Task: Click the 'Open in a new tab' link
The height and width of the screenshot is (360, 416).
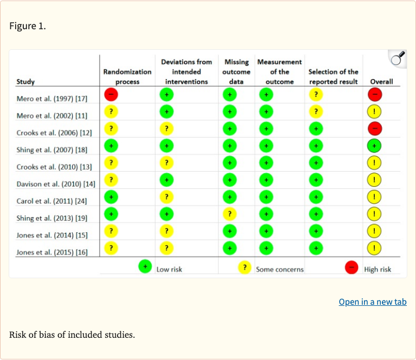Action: click(x=372, y=302)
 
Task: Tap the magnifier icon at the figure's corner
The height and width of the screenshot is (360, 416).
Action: click(x=398, y=59)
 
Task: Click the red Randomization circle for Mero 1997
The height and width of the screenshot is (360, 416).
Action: click(x=110, y=94)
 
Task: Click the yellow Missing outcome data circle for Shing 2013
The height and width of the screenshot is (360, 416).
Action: click(x=230, y=214)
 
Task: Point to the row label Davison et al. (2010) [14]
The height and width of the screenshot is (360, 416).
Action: click(x=56, y=184)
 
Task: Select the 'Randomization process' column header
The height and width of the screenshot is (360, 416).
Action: click(x=127, y=76)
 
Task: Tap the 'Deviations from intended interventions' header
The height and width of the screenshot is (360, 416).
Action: click(x=186, y=71)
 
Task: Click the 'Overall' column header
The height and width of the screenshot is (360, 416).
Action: click(x=381, y=82)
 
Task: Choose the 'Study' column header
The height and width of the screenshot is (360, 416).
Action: click(x=25, y=82)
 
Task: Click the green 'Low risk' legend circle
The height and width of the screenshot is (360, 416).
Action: click(x=145, y=266)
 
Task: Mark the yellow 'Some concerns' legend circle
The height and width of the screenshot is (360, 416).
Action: click(x=245, y=267)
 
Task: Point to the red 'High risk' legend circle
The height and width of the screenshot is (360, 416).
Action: click(x=352, y=267)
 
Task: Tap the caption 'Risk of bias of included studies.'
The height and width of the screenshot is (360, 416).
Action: click(x=71, y=335)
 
